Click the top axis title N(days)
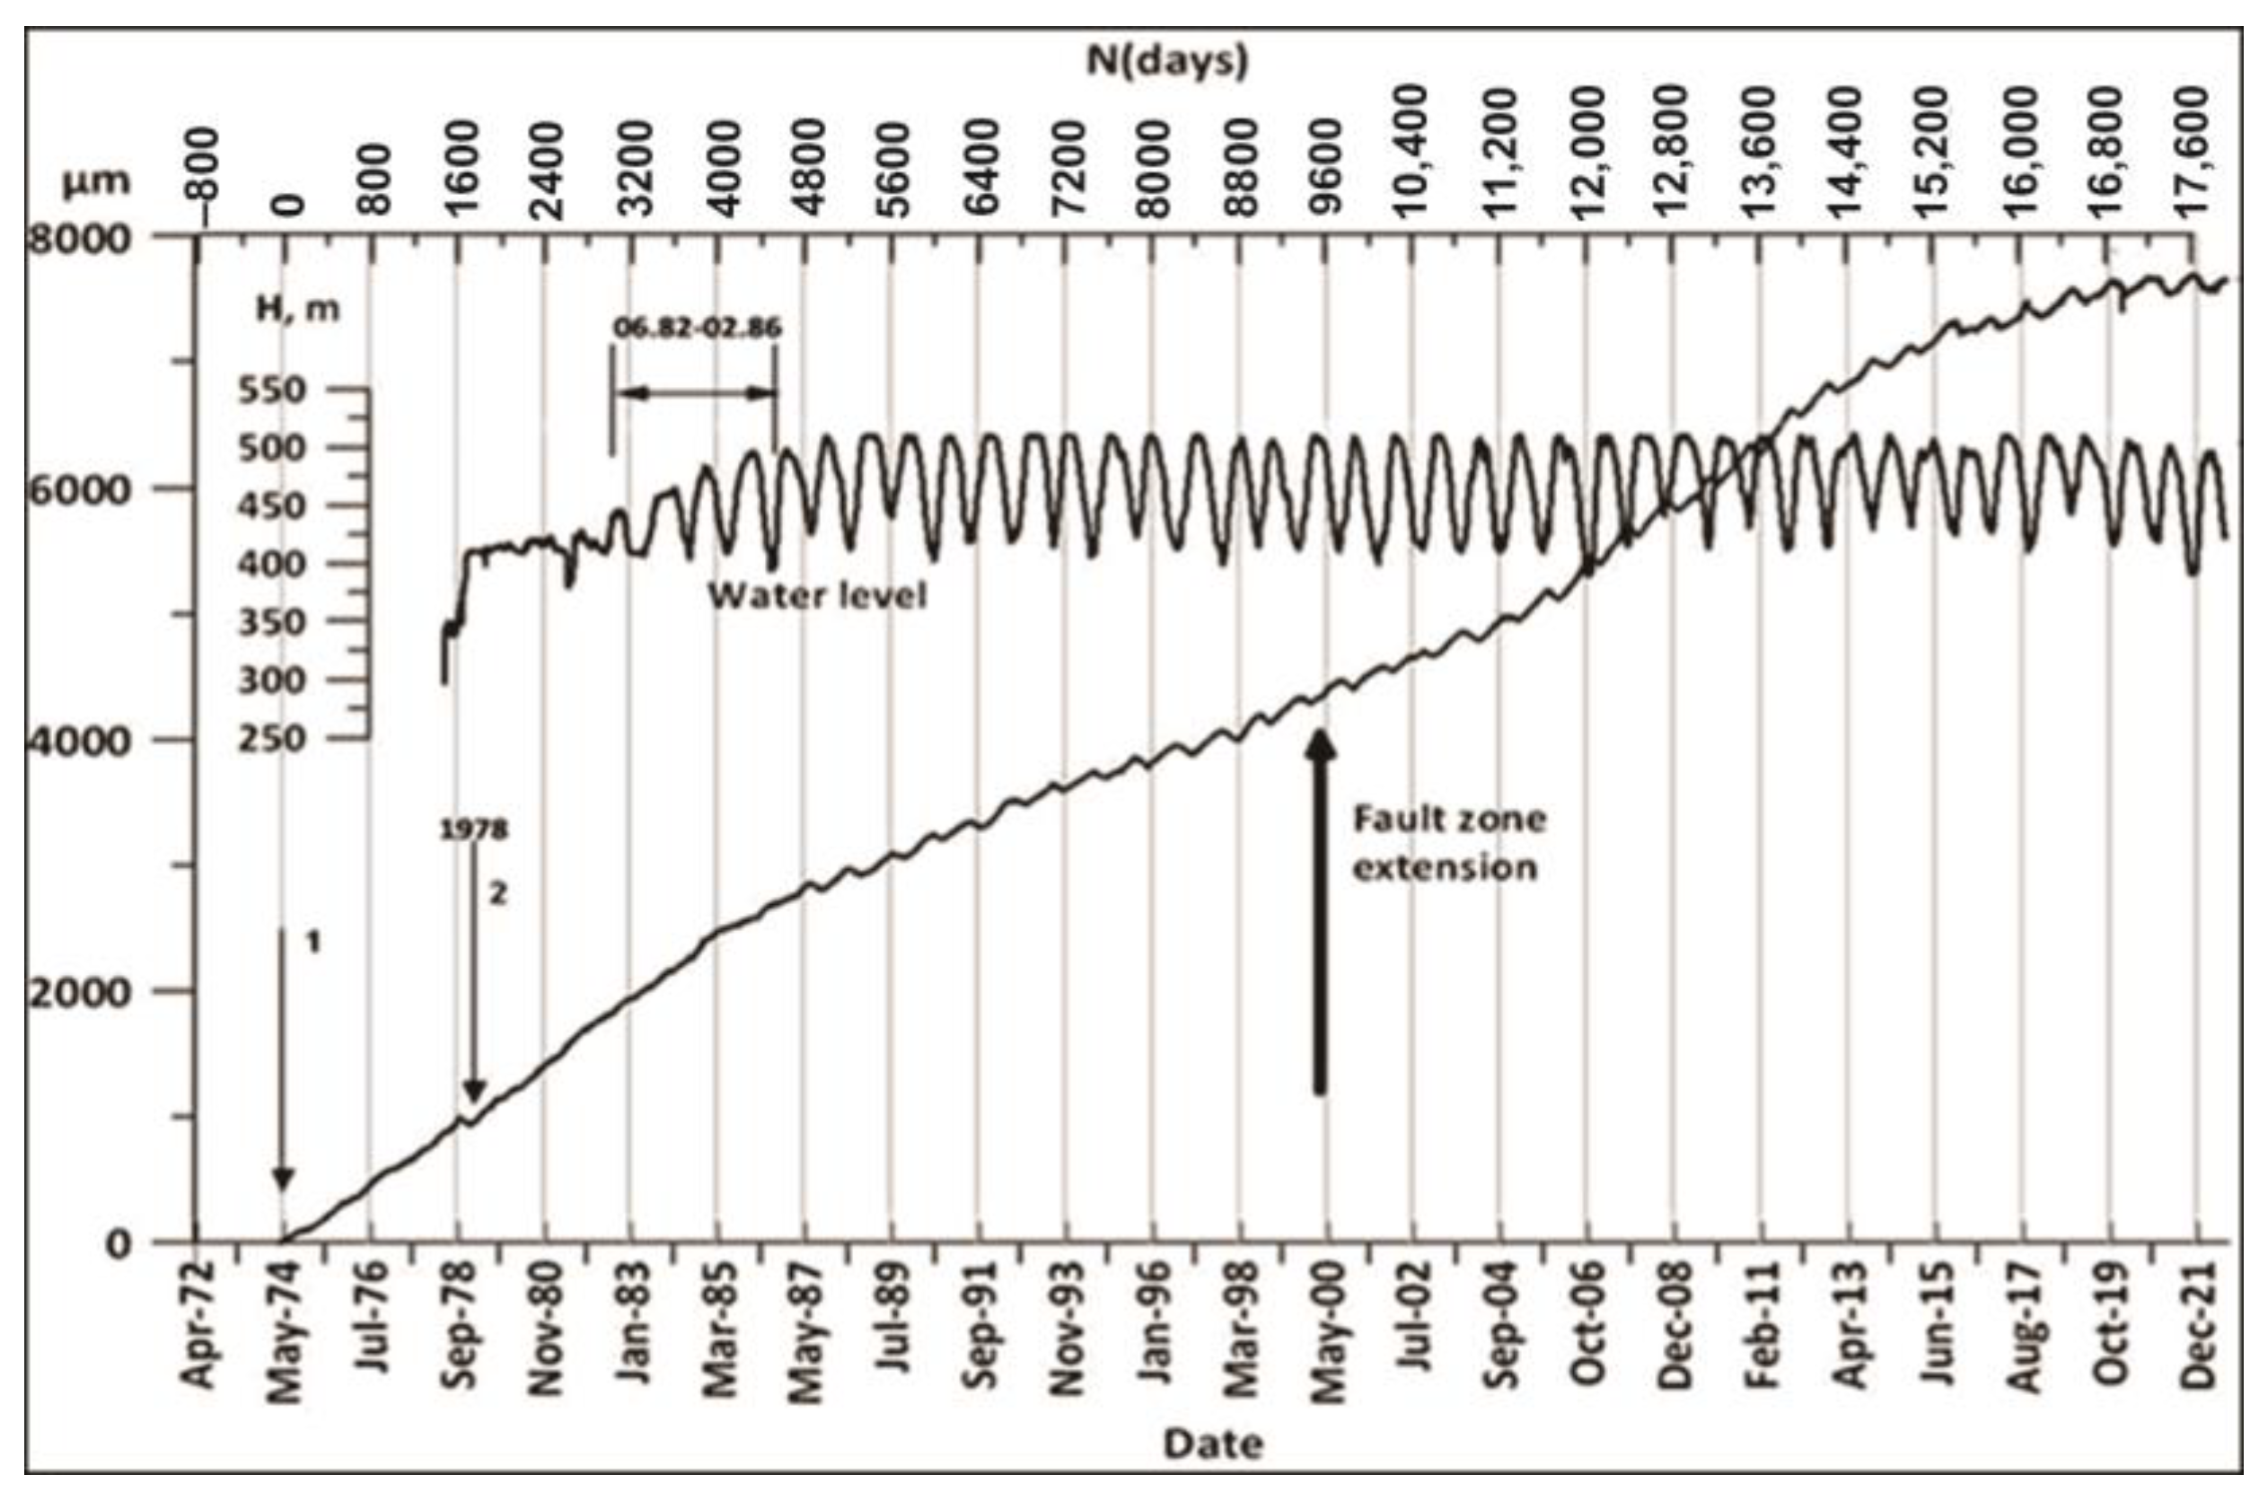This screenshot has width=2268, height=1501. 1167,61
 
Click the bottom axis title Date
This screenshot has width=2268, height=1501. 1213,1443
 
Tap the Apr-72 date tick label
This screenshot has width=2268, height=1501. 198,1326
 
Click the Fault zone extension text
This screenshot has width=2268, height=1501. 1447,843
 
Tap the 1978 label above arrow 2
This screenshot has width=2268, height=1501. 473,829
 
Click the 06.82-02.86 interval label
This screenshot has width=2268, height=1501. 697,328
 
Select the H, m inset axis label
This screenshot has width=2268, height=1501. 298,309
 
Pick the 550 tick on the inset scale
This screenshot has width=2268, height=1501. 271,390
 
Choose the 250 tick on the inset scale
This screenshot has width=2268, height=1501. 271,738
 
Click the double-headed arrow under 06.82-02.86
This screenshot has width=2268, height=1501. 695,392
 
